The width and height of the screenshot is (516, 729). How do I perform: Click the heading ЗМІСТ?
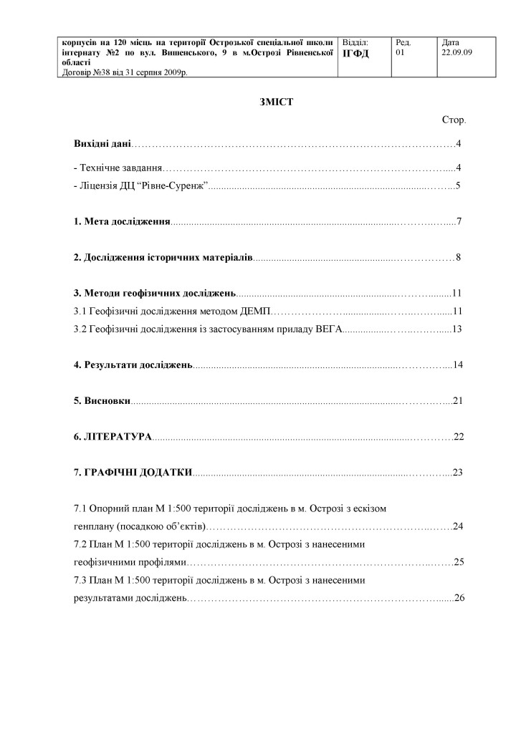tap(272, 102)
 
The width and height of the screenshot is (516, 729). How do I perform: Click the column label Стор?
tap(454, 120)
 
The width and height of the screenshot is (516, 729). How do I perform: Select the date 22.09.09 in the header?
tap(458, 52)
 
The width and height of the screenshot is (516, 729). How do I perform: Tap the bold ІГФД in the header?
tap(356, 54)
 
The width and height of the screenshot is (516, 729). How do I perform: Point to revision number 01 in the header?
tap(400, 52)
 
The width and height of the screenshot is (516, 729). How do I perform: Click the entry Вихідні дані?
tap(102, 145)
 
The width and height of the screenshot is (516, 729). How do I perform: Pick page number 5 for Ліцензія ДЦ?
tap(457, 186)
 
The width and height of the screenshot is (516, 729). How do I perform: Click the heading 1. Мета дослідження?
tap(122, 221)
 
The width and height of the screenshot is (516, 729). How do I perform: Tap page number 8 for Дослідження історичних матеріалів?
tap(457, 257)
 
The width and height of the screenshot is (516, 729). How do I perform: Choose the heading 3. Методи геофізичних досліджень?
tap(155, 293)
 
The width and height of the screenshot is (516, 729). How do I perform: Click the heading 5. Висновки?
tap(102, 400)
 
